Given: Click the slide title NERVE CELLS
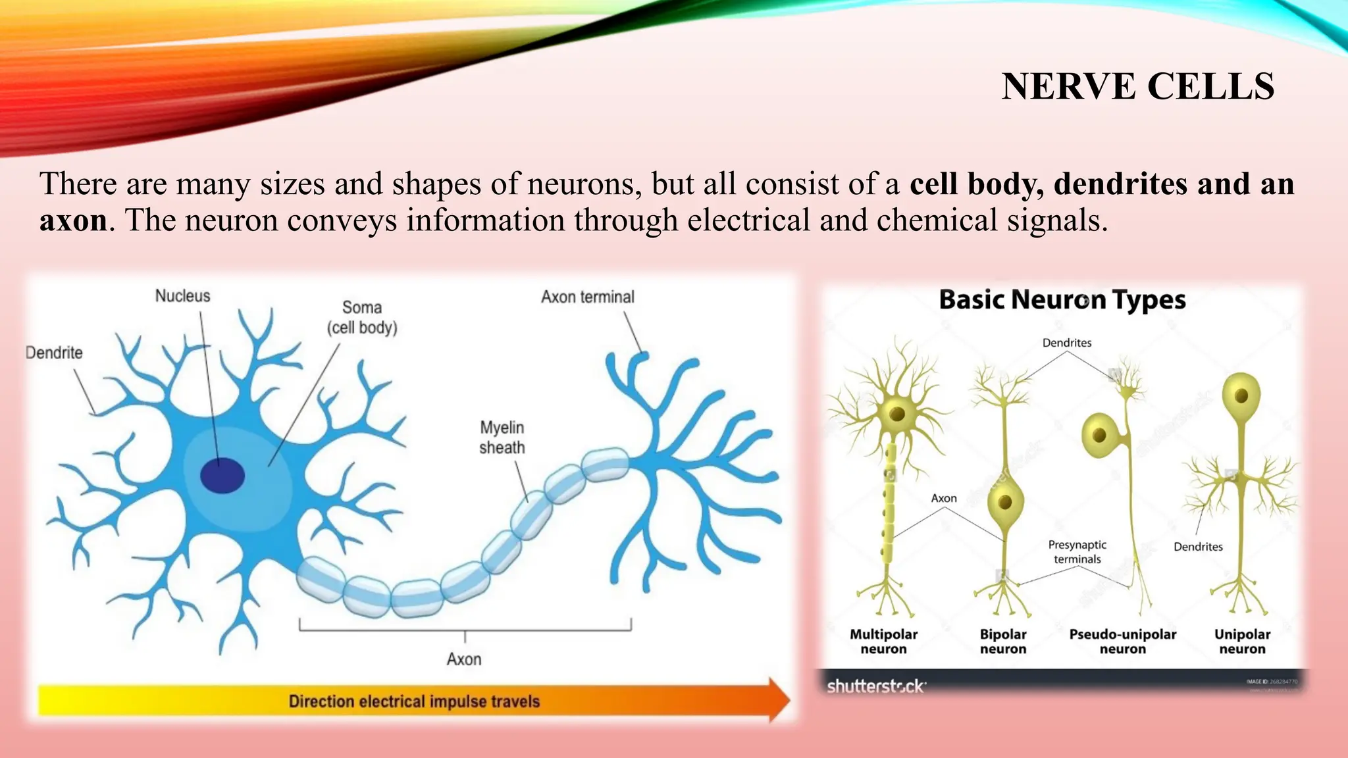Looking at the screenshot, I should tap(1137, 86).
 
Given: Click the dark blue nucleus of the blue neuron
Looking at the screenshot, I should tap(222, 475).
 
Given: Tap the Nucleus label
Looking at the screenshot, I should tap(182, 296).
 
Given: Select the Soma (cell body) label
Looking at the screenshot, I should tap(362, 317).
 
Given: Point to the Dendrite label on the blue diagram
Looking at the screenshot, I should tap(54, 353).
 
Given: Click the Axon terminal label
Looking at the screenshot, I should tap(588, 297).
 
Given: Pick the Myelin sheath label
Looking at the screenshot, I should tap(502, 438).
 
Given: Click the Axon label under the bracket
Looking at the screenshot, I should tap(464, 659).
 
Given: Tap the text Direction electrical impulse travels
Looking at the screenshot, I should tap(414, 701).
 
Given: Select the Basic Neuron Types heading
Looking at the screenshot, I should tap(1062, 300).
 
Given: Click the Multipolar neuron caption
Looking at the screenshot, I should tap(883, 642).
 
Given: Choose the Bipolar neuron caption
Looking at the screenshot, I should tap(1002, 642).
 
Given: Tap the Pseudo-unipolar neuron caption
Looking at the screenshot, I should tap(1122, 642).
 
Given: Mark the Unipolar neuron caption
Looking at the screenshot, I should tap(1242, 642).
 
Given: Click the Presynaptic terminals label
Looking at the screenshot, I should tap(1077, 552).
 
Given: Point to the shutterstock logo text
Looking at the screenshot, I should tap(876, 686).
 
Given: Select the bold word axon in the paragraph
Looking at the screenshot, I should tap(73, 220).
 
